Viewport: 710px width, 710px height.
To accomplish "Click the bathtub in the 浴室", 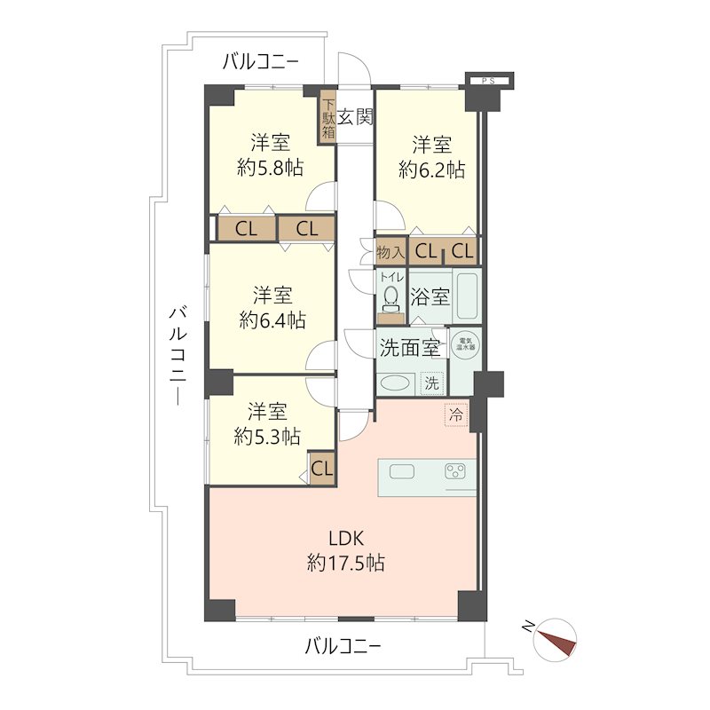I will [467, 296].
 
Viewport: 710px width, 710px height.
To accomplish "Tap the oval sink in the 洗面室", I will [394, 383].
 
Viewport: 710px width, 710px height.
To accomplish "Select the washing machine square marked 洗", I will [430, 383].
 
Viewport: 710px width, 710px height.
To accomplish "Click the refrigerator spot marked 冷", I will [455, 414].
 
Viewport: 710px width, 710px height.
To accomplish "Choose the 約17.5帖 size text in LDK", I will [346, 563].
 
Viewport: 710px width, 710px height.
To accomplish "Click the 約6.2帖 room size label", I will [431, 170].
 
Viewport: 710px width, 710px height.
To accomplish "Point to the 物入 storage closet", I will [390, 251].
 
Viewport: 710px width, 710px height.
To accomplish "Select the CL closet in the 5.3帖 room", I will [321, 468].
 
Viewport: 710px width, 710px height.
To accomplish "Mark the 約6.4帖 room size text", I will [272, 319].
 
